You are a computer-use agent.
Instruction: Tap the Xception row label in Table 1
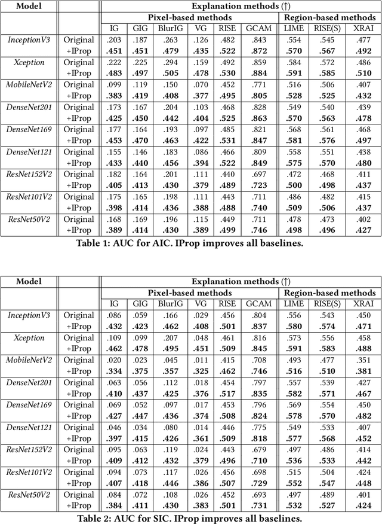pyautogui.click(x=29, y=63)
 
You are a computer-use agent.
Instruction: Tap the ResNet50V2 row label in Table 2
pyautogui.click(x=29, y=494)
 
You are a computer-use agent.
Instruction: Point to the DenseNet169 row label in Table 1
pyautogui.click(x=29, y=130)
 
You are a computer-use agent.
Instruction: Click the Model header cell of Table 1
pyautogui.click(x=29, y=6)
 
